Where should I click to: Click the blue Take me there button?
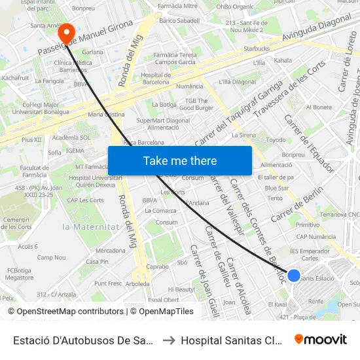[x=180, y=160]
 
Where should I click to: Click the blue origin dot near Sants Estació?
[x=294, y=276]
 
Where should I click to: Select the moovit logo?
[x=321, y=339]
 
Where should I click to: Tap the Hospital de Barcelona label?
[x=155, y=79]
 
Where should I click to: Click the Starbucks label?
[x=256, y=48]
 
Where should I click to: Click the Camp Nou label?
[x=50, y=258]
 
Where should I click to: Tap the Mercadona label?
[x=110, y=251]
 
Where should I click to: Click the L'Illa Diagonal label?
[x=237, y=82]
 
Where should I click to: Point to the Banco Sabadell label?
[x=179, y=21]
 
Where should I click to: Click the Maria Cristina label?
[x=105, y=114]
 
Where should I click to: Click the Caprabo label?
[x=157, y=267]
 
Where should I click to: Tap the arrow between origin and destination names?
[x=168, y=340]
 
